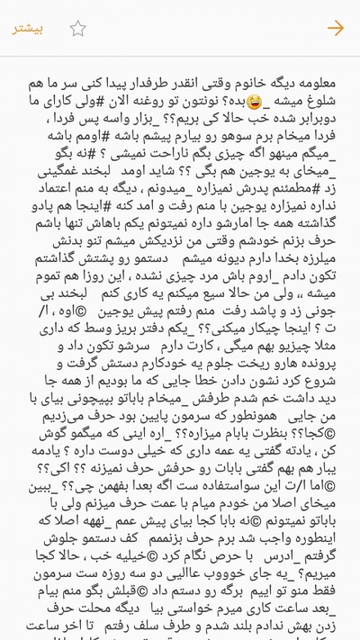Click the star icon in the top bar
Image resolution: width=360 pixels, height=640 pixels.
[78, 28]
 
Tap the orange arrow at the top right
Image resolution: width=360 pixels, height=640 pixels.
[335, 28]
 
